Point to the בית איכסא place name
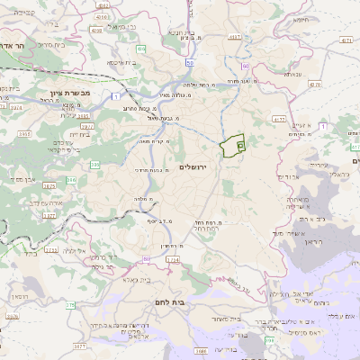coord(121,62)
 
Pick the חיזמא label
coord(300,19)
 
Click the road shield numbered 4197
coord(236,37)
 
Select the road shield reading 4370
coord(314,85)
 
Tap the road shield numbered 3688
coord(201,350)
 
